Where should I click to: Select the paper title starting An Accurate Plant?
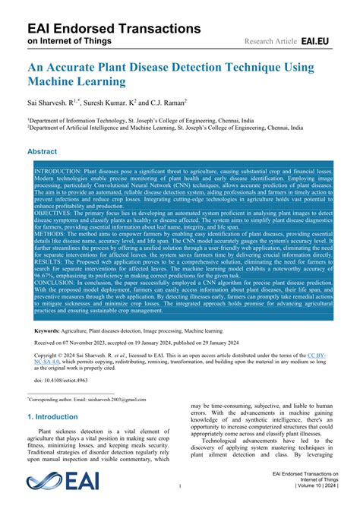171,76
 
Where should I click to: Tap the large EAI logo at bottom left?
58,481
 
